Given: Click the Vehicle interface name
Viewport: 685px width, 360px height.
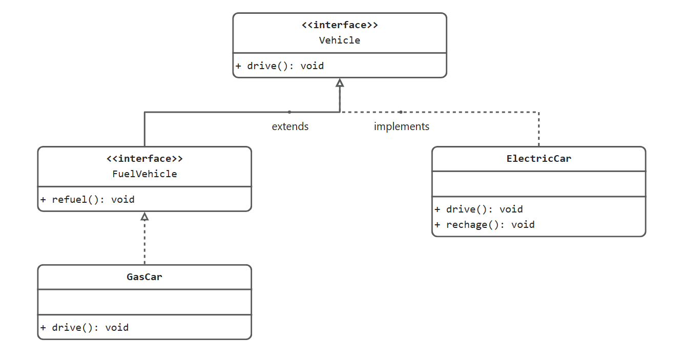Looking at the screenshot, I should click(x=340, y=40).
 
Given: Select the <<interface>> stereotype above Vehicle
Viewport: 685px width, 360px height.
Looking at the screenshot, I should click(x=340, y=25).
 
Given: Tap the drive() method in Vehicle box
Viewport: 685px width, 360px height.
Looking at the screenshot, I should click(x=280, y=66).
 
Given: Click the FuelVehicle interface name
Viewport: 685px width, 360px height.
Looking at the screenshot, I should click(x=144, y=174).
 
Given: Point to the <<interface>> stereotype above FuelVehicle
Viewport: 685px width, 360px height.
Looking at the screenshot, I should click(x=144, y=159).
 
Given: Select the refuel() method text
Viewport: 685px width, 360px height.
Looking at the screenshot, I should click(x=88, y=200).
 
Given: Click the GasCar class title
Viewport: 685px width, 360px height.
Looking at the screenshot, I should click(x=144, y=277).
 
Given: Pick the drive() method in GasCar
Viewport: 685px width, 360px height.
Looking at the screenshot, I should click(x=85, y=328).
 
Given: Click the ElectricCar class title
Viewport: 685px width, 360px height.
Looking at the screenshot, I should click(x=538, y=159).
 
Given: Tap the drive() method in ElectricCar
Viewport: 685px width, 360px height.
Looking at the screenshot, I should click(x=479, y=209).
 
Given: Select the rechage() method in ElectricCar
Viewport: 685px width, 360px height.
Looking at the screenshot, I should click(x=485, y=225).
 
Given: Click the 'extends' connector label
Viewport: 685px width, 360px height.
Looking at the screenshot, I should click(x=290, y=126).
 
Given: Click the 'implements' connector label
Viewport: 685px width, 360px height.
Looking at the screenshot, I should click(x=402, y=126).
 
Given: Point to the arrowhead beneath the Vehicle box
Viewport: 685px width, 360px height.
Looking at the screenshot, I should click(x=340, y=83).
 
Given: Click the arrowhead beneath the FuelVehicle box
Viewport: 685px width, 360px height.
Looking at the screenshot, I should click(x=144, y=217).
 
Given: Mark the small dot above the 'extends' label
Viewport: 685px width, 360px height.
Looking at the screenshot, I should click(x=289, y=112).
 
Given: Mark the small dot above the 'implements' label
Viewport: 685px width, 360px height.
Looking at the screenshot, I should click(x=401, y=112).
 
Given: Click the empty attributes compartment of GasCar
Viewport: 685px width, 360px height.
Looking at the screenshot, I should click(x=144, y=302).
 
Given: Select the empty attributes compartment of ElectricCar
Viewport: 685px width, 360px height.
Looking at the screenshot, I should click(x=538, y=184).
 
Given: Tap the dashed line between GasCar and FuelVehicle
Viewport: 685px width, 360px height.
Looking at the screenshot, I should click(x=144, y=243).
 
